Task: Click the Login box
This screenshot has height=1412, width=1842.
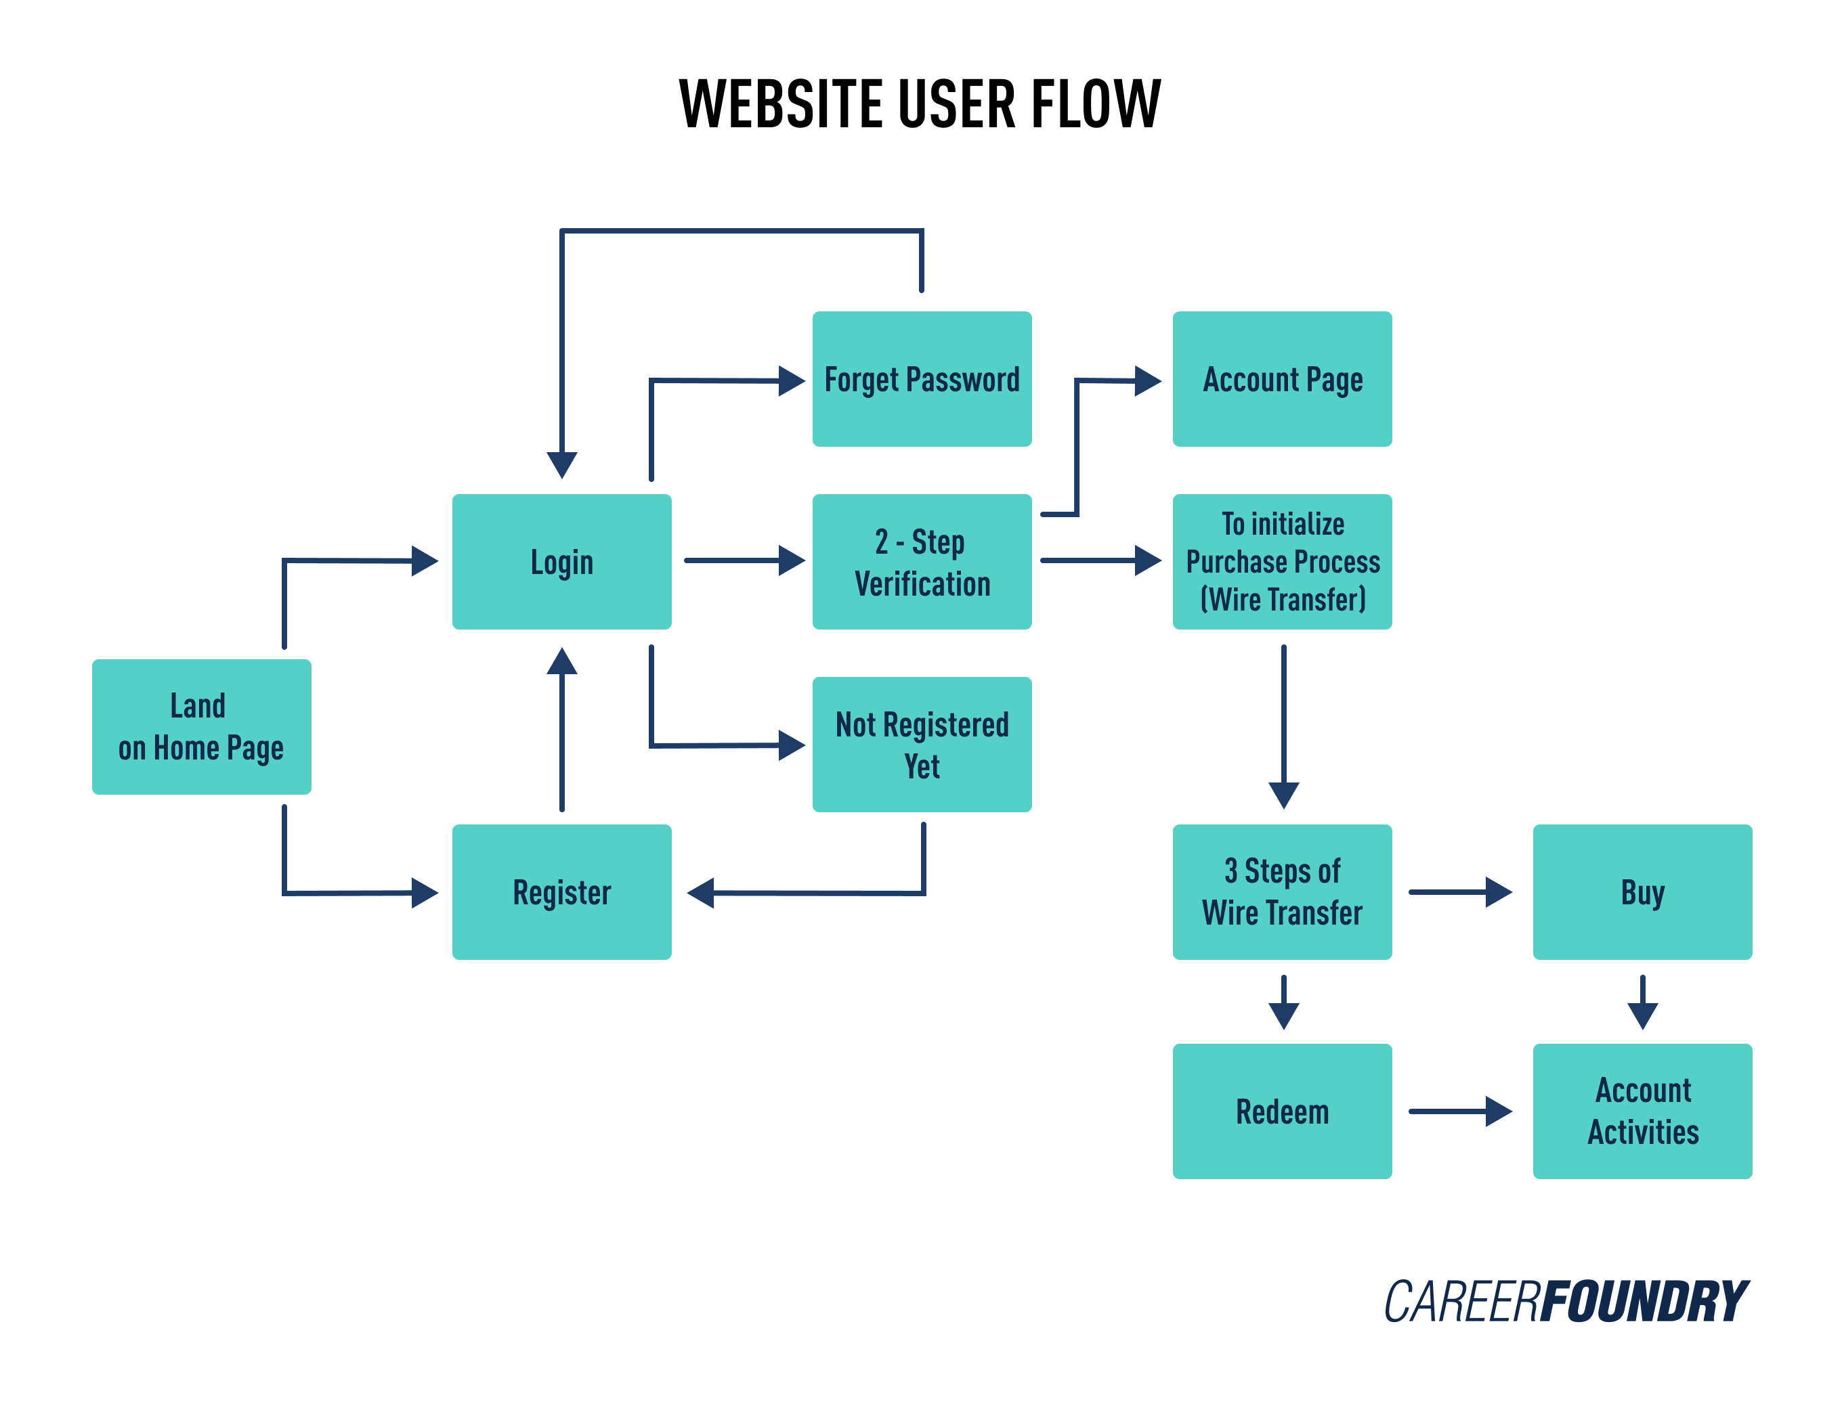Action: click(x=561, y=561)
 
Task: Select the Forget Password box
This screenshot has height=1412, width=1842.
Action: click(x=922, y=379)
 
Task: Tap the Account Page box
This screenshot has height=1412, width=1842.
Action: click(x=1281, y=379)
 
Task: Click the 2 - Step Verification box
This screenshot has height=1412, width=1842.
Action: click(x=922, y=561)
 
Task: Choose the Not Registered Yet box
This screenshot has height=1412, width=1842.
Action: click(x=922, y=744)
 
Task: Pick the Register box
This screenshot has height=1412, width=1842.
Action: click(x=561, y=891)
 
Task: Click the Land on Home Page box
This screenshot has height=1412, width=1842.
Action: click(x=201, y=726)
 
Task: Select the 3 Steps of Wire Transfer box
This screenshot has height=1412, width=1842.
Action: click(x=1281, y=891)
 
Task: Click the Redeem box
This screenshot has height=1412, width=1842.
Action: click(x=1281, y=1111)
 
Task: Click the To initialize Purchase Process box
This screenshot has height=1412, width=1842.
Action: click(x=1281, y=561)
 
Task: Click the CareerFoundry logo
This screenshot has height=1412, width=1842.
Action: click(x=1566, y=1302)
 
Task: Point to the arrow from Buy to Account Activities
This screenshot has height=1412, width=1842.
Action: click(x=1642, y=1001)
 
